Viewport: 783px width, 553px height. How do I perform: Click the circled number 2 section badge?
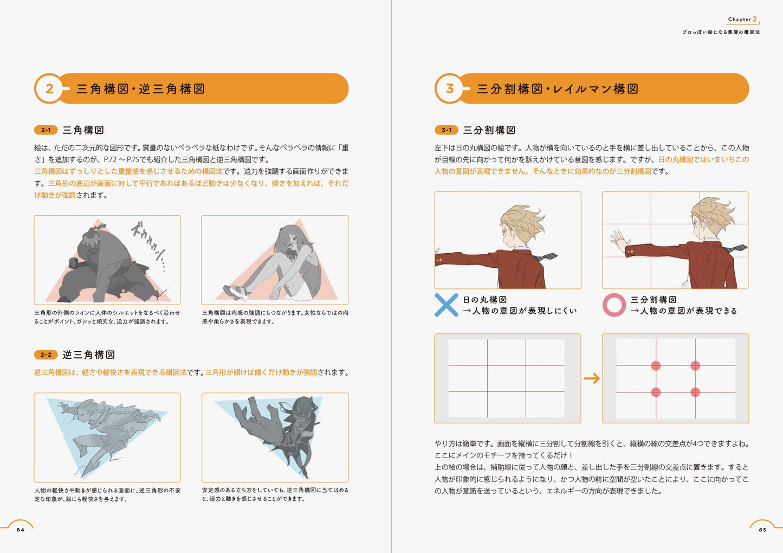[49, 88]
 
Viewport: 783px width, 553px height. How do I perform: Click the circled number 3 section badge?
[450, 88]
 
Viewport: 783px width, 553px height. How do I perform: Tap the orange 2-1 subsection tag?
[46, 130]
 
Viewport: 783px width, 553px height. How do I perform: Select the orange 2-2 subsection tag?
[46, 355]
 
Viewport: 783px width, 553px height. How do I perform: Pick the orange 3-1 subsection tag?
[446, 130]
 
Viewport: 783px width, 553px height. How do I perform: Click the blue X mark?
[446, 305]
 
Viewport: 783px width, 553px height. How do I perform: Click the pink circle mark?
[614, 305]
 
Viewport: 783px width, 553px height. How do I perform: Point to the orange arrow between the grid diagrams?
[592, 378]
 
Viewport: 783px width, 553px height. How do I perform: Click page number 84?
[21, 530]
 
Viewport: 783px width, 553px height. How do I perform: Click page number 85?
[762, 530]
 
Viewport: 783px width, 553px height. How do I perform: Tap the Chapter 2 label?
[742, 19]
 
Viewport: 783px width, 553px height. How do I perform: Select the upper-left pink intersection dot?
[656, 366]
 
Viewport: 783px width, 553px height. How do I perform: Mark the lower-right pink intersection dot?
[695, 392]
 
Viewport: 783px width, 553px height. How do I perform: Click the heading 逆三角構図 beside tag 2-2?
[88, 355]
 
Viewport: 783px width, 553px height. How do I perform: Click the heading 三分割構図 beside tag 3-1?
[489, 130]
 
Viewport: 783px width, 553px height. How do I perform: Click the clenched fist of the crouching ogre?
[74, 263]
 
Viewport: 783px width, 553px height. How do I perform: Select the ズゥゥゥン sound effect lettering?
[148, 245]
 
